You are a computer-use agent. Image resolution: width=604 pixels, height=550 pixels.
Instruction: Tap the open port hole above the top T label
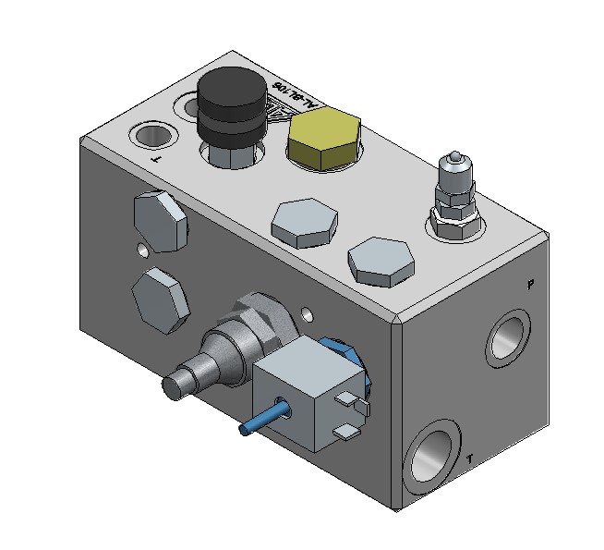coord(152,136)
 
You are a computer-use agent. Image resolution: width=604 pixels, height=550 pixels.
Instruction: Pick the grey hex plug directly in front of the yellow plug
coord(303,223)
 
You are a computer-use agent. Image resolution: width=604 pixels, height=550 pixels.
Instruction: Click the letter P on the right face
coord(529,285)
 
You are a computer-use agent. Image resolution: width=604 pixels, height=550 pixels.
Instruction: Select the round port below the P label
coord(506,336)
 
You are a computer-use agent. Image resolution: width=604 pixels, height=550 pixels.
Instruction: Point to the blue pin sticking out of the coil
coord(260,417)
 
